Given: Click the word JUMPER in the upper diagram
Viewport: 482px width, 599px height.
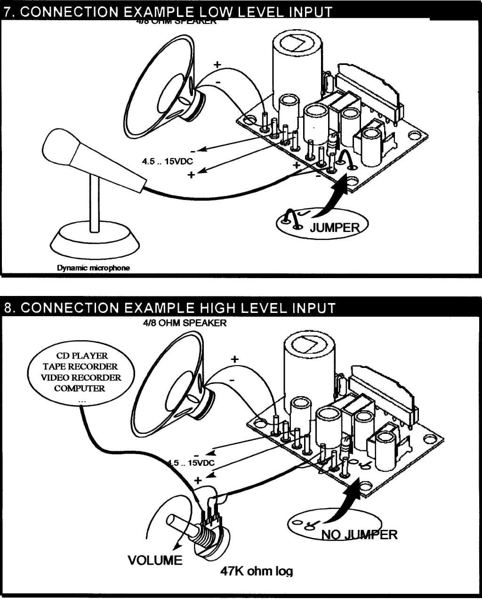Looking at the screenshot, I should [335, 228].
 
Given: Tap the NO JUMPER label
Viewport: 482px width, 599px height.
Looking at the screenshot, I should [359, 535].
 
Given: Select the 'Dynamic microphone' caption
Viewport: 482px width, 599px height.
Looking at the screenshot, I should [93, 268].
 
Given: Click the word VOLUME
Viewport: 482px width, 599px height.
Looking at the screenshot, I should [155, 560].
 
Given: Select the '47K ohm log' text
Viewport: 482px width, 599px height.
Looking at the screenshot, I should [257, 571].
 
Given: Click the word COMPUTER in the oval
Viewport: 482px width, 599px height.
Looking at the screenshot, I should [80, 388].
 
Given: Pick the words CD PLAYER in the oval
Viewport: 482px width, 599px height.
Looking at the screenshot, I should [82, 356].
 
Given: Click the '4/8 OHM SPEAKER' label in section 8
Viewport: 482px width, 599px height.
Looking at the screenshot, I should [185, 323].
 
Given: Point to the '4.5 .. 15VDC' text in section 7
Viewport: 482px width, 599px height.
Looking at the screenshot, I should [168, 161].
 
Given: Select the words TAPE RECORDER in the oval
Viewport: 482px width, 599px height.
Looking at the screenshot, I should [80, 367].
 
